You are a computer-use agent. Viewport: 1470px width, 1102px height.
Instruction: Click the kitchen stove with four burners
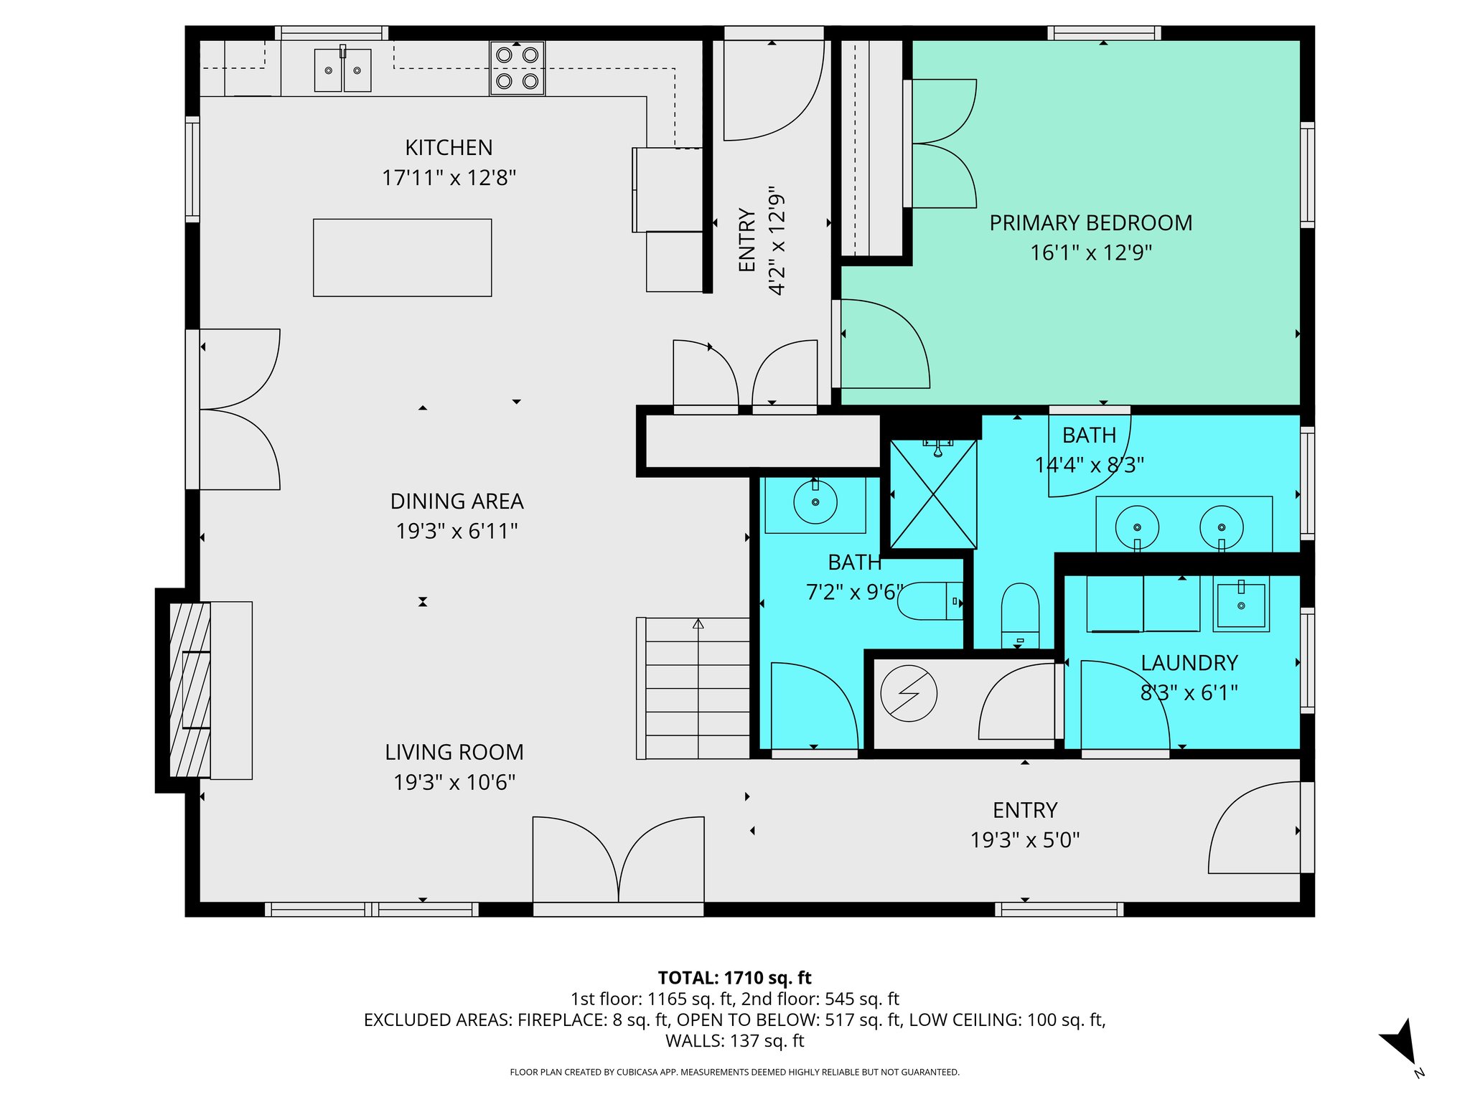coord(517,68)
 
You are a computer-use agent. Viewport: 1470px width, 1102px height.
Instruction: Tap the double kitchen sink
coord(342,70)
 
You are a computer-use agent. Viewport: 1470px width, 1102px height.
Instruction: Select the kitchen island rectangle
coord(402,258)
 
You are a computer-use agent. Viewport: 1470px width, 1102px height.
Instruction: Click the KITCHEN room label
coord(449,148)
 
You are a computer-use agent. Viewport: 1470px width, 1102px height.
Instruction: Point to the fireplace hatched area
coord(189,689)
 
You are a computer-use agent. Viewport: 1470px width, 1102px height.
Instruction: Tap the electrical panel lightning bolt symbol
coord(909,694)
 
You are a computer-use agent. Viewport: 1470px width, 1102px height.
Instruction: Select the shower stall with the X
coord(933,494)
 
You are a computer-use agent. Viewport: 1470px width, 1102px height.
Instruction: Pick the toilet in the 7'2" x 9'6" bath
coord(930,601)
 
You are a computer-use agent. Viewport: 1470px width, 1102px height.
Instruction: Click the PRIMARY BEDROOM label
coord(1090,223)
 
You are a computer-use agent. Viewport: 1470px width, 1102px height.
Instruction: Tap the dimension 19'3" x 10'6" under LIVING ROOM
coord(454,782)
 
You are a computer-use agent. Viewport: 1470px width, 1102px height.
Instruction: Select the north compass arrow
coord(1400,1043)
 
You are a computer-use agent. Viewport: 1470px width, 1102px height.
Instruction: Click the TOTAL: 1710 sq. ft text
coord(734,978)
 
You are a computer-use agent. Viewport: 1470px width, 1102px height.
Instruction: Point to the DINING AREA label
coord(457,501)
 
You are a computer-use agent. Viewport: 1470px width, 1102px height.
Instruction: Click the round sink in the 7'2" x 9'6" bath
coord(815,501)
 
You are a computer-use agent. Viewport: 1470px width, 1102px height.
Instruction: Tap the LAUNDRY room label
coord(1189,663)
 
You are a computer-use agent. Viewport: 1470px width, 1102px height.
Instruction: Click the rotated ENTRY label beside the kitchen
coord(747,240)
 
